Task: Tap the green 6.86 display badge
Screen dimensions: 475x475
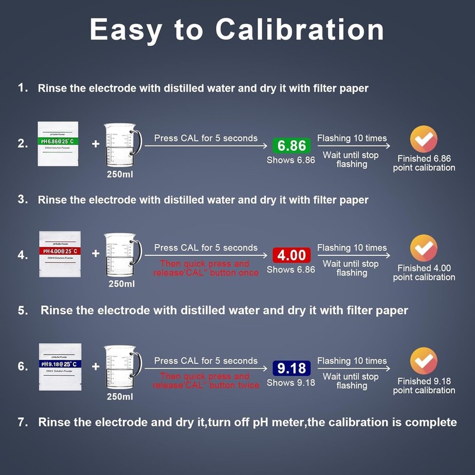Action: (291, 145)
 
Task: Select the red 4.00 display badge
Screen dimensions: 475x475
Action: (291, 255)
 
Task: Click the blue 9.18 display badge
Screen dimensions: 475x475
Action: (291, 368)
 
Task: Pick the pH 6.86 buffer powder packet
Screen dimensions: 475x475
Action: (59, 143)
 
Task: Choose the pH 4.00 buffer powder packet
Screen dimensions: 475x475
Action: (59, 254)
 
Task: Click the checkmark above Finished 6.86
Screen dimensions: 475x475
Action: (423, 140)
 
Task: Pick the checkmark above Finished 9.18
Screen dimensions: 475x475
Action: (423, 361)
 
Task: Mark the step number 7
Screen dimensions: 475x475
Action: (23, 422)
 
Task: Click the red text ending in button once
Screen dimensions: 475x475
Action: (205, 268)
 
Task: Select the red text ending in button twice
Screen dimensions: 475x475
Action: (205, 381)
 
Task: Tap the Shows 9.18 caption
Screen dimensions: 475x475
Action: (291, 383)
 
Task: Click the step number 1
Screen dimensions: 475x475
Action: (23, 88)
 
